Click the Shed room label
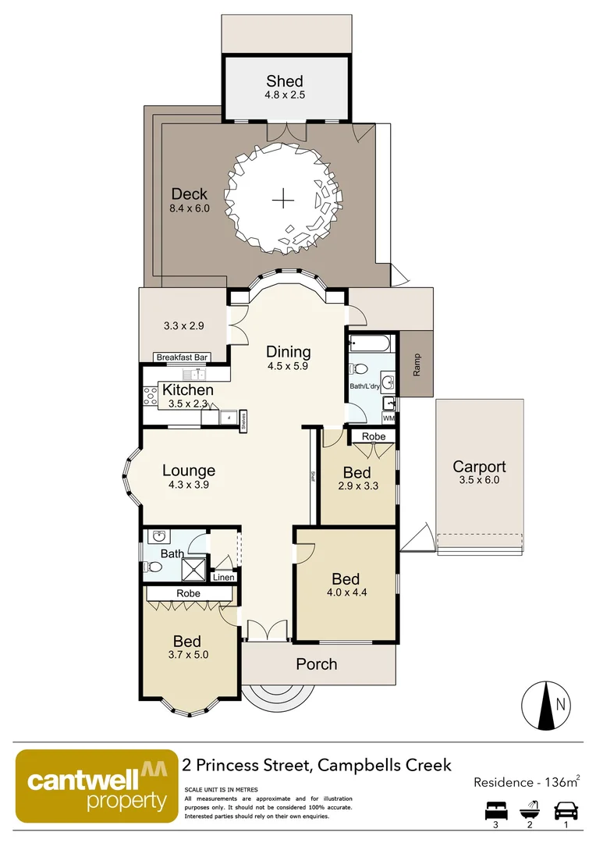(284, 80)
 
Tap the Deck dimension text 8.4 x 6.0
(190, 208)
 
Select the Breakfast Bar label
(182, 357)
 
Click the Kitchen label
(187, 389)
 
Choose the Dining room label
(288, 352)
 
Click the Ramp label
(417, 365)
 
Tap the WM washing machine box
(388, 418)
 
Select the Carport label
(479, 467)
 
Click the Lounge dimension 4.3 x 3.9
(189, 485)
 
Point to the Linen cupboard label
(223, 578)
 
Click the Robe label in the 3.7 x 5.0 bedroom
(188, 593)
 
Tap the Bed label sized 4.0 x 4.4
(346, 578)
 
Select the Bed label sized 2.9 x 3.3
(357, 473)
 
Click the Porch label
(317, 664)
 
